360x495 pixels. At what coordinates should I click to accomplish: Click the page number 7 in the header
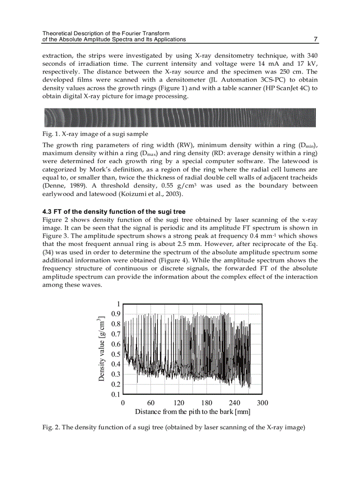point(315,39)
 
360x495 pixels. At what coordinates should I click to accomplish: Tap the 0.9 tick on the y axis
point(115,314)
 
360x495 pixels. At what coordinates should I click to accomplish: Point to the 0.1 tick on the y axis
point(115,395)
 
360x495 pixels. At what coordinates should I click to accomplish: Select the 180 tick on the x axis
point(206,403)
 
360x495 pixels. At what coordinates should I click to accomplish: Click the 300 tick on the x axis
point(262,403)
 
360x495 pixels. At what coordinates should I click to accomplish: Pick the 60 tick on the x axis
point(150,403)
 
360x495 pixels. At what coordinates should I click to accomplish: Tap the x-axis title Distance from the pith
point(192,412)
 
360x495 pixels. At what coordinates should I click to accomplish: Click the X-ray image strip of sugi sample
point(180,118)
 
